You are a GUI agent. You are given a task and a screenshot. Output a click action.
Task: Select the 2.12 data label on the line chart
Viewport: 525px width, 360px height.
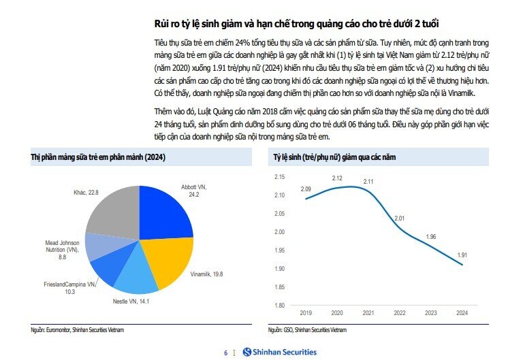pyautogui.click(x=338, y=178)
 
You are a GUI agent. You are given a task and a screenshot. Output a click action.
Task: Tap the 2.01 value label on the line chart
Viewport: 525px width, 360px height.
pyautogui.click(x=400, y=218)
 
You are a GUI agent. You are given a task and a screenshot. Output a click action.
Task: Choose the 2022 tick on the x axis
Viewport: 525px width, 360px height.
pyautogui.click(x=400, y=314)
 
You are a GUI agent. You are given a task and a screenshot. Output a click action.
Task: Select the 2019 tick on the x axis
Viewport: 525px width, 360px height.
pyautogui.click(x=306, y=314)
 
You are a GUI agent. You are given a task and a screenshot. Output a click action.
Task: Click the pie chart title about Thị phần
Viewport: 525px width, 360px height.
pyautogui.click(x=98, y=158)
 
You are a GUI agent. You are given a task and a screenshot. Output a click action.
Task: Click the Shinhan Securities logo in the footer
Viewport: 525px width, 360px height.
pyautogui.click(x=280, y=352)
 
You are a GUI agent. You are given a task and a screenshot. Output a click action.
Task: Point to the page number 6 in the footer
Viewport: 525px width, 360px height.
pyautogui.click(x=225, y=353)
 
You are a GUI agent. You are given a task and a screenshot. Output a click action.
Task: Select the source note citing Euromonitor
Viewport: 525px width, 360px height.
pyautogui.click(x=78, y=329)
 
